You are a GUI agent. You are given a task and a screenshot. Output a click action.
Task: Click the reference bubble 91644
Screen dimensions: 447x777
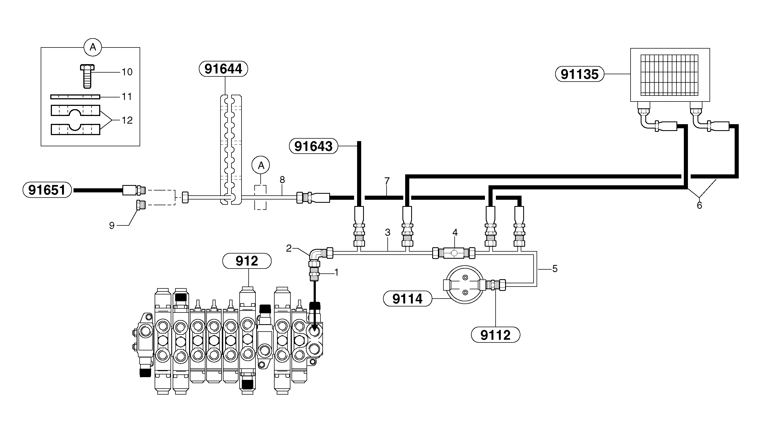[x=223, y=69]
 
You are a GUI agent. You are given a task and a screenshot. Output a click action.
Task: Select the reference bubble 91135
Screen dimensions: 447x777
[x=580, y=74]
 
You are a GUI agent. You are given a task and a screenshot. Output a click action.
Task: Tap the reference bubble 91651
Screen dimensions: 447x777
[x=47, y=190]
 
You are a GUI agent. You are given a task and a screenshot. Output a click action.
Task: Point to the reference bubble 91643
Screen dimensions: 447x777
[x=314, y=146]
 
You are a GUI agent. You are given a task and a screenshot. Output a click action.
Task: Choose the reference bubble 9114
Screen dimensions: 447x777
[x=408, y=299]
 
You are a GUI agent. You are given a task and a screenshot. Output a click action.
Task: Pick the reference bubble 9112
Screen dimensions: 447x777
[x=496, y=335]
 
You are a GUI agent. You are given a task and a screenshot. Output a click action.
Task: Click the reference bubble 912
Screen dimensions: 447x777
[x=247, y=261]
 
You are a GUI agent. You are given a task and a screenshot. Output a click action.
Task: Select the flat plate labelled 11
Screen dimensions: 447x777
[x=75, y=97]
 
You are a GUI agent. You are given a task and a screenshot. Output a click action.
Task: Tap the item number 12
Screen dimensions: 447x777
[x=127, y=120]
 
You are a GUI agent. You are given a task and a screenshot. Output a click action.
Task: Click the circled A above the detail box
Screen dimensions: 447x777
[x=93, y=47]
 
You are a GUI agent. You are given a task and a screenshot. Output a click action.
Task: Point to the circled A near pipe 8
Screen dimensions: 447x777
[x=261, y=165]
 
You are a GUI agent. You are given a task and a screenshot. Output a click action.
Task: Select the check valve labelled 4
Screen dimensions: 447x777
[x=454, y=253]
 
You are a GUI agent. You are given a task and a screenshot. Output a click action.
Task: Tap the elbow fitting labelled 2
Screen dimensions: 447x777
[x=316, y=255]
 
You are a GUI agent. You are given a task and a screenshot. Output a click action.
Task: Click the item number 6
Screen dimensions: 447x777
[x=699, y=205]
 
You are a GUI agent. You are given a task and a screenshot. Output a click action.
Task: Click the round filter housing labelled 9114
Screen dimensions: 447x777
[x=464, y=285]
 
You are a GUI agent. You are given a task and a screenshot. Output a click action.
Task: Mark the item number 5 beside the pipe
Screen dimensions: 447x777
[x=555, y=269]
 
